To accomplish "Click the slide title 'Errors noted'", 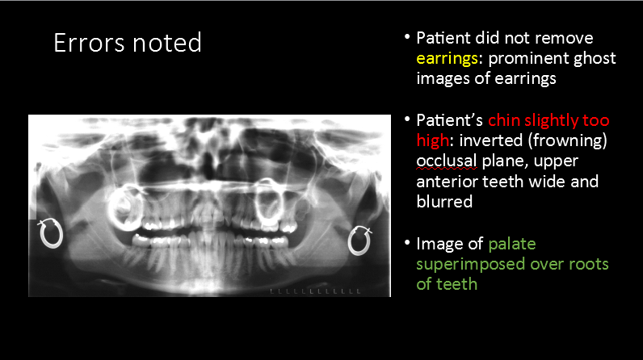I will [x=127, y=43].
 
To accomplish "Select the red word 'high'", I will [x=431, y=141].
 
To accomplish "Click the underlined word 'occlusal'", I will [x=448, y=161].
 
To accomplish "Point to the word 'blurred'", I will [x=444, y=202].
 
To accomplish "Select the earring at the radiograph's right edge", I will [x=358, y=239].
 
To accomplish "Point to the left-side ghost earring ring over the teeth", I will [x=125, y=207].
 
